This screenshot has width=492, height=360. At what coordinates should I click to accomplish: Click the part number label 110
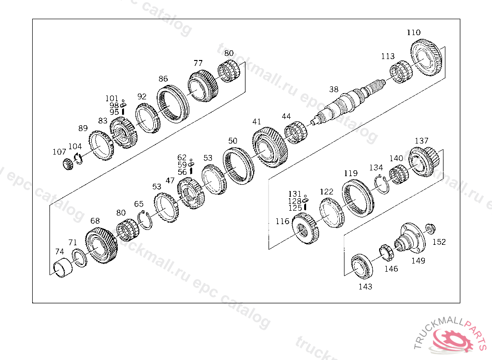click(x=414, y=32)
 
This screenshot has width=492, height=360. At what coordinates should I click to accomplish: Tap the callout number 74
click(x=59, y=252)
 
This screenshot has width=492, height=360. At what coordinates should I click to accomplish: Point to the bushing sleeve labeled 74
click(x=63, y=267)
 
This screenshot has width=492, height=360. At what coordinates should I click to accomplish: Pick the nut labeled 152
click(x=430, y=228)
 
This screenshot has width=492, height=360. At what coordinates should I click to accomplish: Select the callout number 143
click(x=365, y=286)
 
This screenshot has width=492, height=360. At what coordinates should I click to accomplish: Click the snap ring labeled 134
click(x=382, y=184)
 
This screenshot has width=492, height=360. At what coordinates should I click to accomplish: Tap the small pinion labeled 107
click(x=68, y=164)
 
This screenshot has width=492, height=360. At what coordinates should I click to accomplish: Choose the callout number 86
click(x=163, y=79)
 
